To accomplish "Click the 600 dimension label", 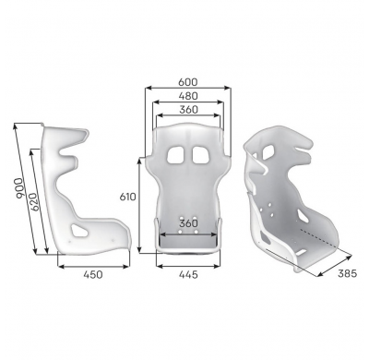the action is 188,82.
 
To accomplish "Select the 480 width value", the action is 188,96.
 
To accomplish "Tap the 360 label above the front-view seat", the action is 188,110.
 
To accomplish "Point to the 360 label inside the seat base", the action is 188,223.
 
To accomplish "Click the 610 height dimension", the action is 127,197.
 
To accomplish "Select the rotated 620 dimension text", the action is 35,202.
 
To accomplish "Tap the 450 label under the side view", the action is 93,274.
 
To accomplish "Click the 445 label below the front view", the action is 188,274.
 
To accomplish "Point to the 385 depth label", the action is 347,273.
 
